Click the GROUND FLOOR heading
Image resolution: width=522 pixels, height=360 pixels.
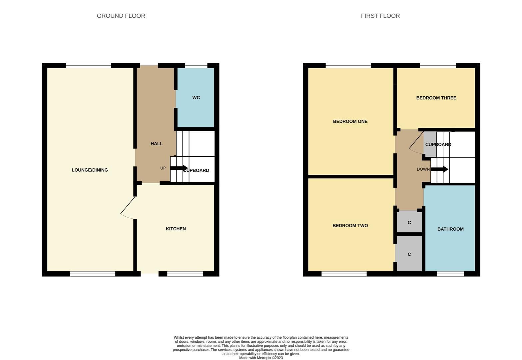point(121,16)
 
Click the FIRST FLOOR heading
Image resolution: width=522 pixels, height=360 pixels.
point(380,16)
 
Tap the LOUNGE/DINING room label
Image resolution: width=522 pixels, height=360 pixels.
point(90,170)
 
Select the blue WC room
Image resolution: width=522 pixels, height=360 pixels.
point(196,98)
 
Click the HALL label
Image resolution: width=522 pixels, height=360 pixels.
point(157,144)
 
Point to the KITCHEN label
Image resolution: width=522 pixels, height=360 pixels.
point(176,229)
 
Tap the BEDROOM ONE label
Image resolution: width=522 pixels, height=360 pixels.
point(350,121)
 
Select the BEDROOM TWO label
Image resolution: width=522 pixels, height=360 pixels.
point(350,226)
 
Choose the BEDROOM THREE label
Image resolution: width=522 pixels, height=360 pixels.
point(436,98)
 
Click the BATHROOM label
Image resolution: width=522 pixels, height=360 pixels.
point(450,229)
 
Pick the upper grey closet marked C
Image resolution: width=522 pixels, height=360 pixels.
point(409,222)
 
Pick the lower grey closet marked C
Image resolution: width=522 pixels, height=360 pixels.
point(409,254)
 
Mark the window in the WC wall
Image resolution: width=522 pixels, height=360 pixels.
point(196,66)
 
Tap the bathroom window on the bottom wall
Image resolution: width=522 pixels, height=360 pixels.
point(450,274)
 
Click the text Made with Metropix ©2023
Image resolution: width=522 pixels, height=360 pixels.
point(261,358)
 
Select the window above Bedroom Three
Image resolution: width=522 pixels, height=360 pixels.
point(438,66)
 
